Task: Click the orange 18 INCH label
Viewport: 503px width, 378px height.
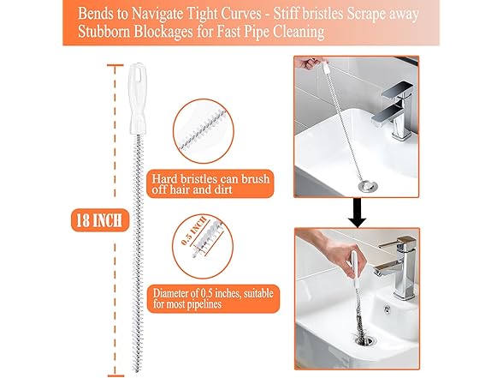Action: coord(100,220)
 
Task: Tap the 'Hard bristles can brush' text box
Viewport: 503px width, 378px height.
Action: coord(210,183)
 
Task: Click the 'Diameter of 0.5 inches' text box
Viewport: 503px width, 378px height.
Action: coord(213,298)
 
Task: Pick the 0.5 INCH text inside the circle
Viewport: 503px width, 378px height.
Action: coord(193,231)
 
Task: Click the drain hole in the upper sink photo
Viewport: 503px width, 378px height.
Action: coord(368,185)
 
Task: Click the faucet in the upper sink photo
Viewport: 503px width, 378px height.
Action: coord(392,109)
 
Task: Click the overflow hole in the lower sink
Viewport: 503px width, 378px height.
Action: coord(388,309)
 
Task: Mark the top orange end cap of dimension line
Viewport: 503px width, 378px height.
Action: coord(115,65)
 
